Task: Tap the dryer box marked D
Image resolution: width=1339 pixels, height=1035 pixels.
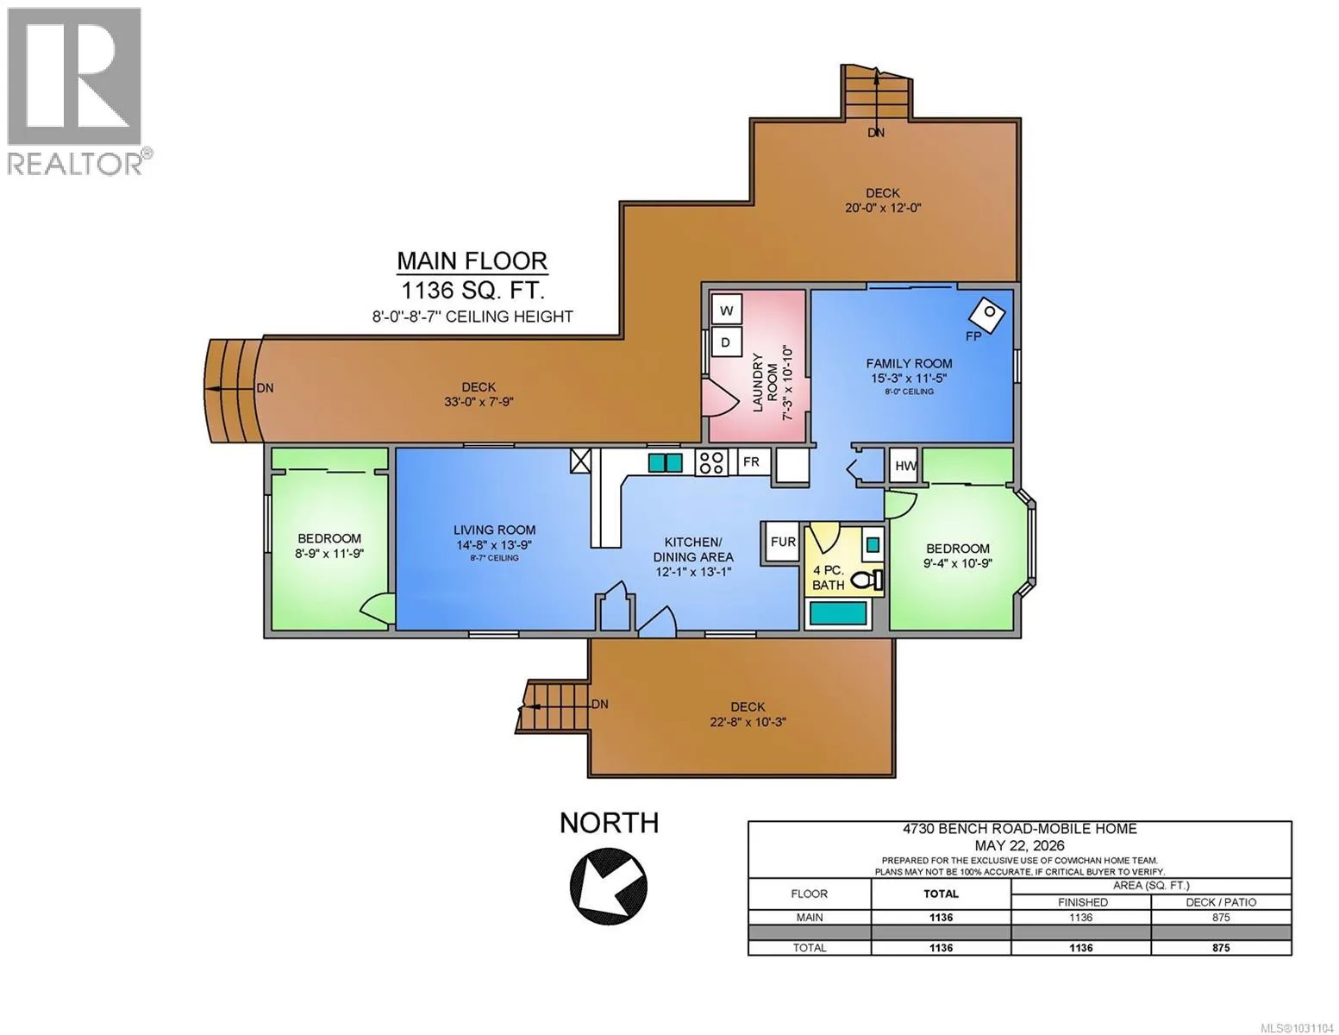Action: [727, 342]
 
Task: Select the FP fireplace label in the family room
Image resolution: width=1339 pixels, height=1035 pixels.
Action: [973, 336]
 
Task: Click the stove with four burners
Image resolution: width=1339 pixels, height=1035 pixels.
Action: [711, 462]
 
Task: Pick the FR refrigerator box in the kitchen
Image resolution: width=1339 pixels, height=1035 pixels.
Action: [751, 461]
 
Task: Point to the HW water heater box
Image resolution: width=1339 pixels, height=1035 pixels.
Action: [905, 466]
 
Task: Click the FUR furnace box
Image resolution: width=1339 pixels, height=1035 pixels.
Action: [782, 542]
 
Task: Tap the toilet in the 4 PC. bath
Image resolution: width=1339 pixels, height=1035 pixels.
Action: [867, 580]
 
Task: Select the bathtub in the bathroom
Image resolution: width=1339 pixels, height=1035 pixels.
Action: [837, 613]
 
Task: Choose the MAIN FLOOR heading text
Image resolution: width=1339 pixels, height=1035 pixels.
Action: [472, 260]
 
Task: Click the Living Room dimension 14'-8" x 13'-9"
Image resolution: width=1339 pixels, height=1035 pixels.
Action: [493, 544]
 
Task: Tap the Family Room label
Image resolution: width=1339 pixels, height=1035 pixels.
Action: [909, 364]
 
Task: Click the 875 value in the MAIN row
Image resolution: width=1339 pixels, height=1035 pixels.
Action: [1221, 917]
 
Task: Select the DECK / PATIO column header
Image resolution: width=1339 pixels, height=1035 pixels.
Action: [1221, 902]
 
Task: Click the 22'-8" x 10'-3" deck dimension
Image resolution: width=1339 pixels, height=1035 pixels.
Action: [748, 721]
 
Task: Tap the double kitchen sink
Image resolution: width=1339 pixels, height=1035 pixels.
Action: [665, 462]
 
